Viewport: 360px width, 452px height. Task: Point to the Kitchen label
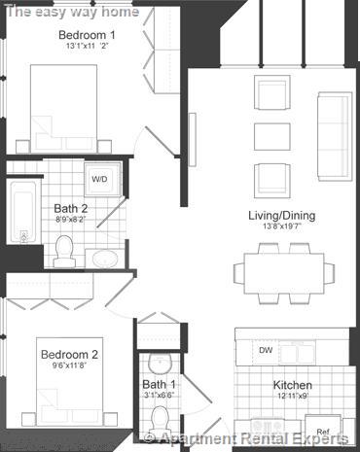pyautogui.click(x=292, y=384)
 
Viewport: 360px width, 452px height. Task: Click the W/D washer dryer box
pyautogui.click(x=99, y=180)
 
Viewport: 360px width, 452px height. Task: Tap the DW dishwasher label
pyautogui.click(x=266, y=350)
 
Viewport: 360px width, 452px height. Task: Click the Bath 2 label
pyautogui.click(x=71, y=207)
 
